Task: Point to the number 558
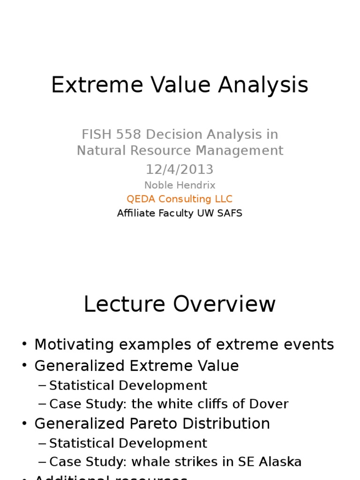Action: [x=129, y=135]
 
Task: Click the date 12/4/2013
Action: [x=180, y=169]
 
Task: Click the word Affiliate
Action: [x=137, y=213]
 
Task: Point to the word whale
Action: [x=150, y=462]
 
